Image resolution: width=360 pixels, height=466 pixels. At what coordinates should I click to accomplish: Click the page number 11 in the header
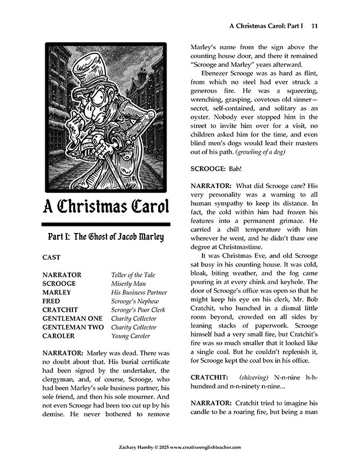coord(315,26)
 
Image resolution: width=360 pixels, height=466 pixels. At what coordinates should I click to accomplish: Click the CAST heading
coord(52,257)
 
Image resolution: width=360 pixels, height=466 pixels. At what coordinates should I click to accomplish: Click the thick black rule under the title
coord(106,224)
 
